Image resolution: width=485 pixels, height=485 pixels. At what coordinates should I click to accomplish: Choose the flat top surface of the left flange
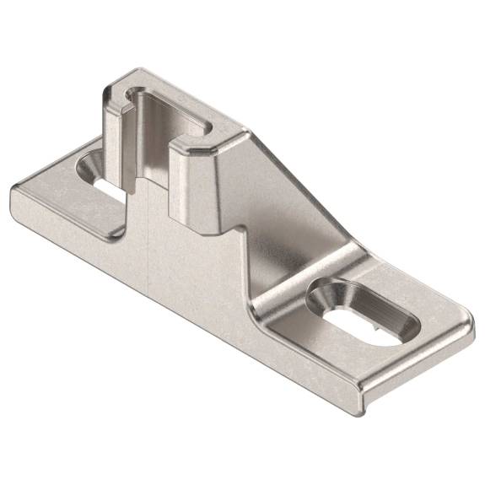coord(67,202)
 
